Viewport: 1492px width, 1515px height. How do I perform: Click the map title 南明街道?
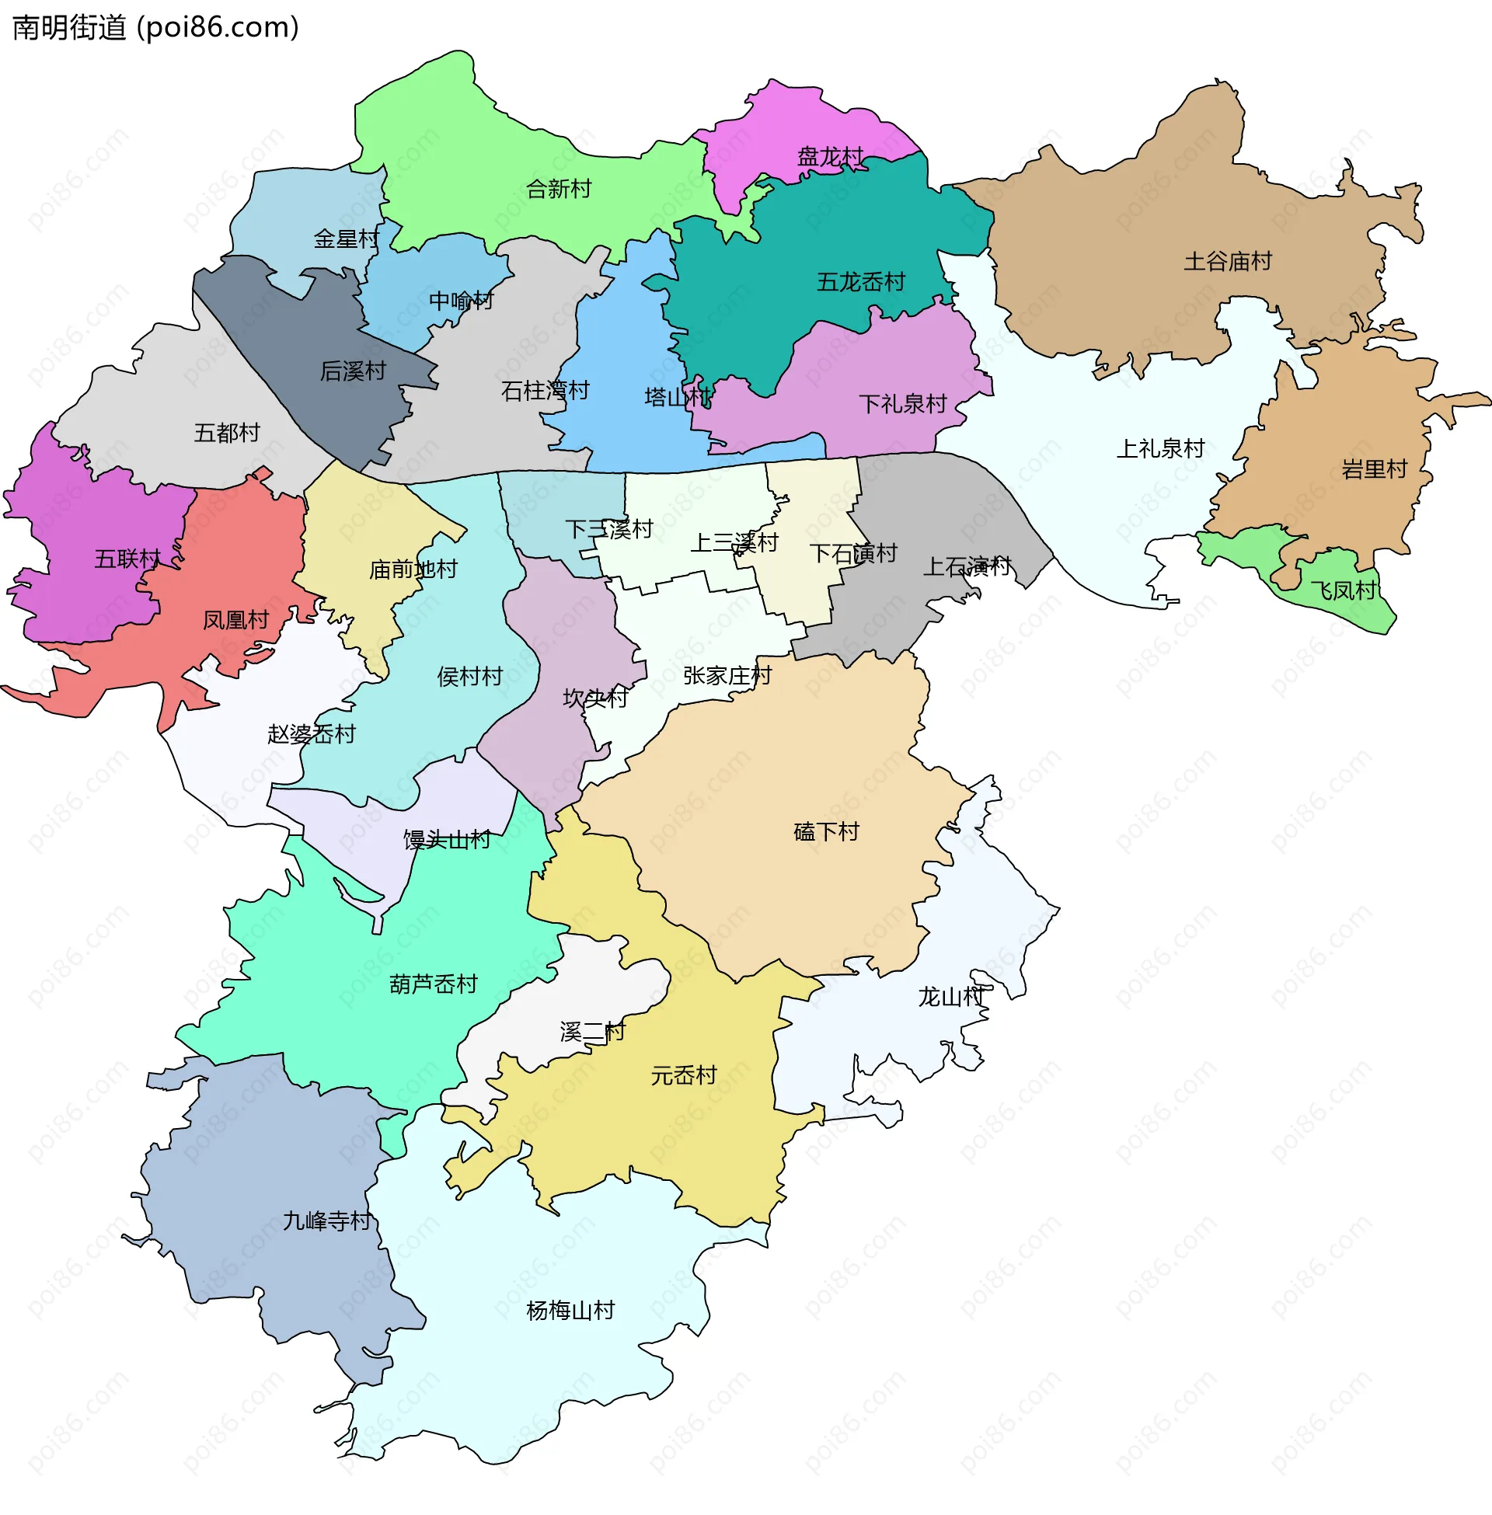[69, 27]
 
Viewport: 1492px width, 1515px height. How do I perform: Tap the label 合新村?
[558, 189]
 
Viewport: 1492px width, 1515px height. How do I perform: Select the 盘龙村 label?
[830, 157]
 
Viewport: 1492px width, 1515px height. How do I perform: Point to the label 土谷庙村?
[1227, 261]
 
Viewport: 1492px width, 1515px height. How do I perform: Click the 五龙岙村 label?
[860, 281]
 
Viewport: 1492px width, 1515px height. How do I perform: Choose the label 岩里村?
[1374, 469]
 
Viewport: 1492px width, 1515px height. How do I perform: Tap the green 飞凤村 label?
[1342, 590]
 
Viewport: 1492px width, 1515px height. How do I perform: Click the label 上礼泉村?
[1159, 448]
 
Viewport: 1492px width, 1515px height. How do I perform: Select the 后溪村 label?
[353, 371]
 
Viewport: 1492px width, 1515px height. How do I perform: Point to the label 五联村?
[127, 559]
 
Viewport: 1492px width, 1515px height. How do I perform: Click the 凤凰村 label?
[235, 620]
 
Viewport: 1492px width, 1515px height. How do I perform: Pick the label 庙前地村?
[413, 569]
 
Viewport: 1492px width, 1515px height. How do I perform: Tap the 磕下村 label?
[826, 831]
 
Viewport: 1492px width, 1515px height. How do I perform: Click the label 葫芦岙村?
[434, 983]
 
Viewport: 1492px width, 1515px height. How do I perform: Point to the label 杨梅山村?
[570, 1310]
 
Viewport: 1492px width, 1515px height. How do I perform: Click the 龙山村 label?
[950, 997]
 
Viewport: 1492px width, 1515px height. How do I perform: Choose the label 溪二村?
[591, 1031]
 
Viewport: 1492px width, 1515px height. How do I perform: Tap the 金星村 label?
[346, 239]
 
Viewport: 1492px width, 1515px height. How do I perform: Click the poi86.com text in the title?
[218, 27]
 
